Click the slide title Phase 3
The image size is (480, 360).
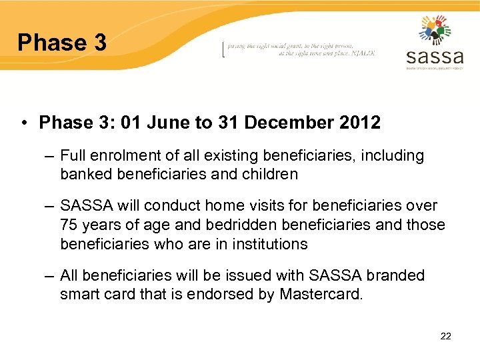point(62,43)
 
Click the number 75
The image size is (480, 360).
point(69,225)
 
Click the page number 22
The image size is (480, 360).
point(446,336)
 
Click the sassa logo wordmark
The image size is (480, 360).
point(434,55)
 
